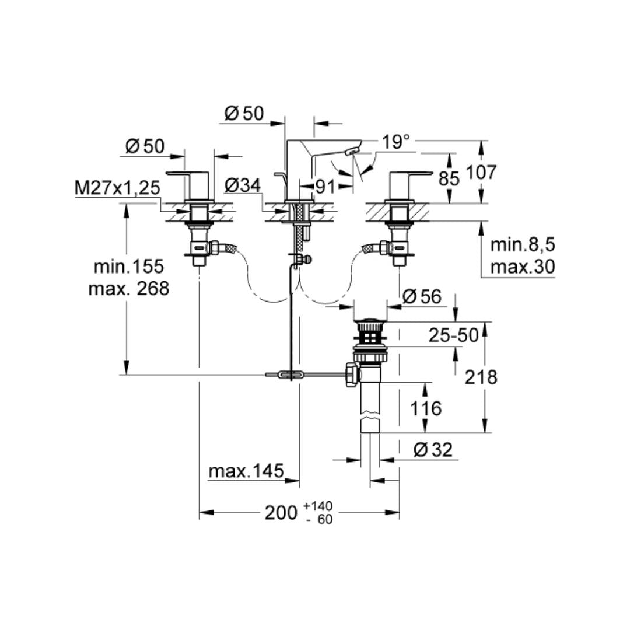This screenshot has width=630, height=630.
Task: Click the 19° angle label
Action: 397,142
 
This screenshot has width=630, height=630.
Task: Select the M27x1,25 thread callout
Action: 117,188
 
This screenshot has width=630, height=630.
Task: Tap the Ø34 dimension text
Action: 242,186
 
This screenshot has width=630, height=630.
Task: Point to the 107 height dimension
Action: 481,173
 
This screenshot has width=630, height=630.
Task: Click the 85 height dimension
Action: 449,178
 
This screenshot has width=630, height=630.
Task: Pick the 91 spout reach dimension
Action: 325,187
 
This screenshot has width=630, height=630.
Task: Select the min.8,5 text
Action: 522,244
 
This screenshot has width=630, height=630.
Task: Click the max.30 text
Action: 522,267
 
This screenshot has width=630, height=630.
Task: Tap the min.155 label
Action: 129,267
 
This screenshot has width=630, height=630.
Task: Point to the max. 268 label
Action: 128,288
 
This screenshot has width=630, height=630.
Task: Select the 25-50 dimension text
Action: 453,335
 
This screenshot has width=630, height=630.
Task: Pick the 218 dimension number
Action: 481,377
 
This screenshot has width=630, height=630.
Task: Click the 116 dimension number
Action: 426,408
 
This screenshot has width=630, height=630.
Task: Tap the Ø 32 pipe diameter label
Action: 432,449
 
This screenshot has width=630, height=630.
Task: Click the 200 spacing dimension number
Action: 281,513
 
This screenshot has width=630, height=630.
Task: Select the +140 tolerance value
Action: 318,506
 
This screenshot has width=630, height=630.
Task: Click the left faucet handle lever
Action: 187,173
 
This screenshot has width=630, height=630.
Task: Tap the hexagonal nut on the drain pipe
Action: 352,373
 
